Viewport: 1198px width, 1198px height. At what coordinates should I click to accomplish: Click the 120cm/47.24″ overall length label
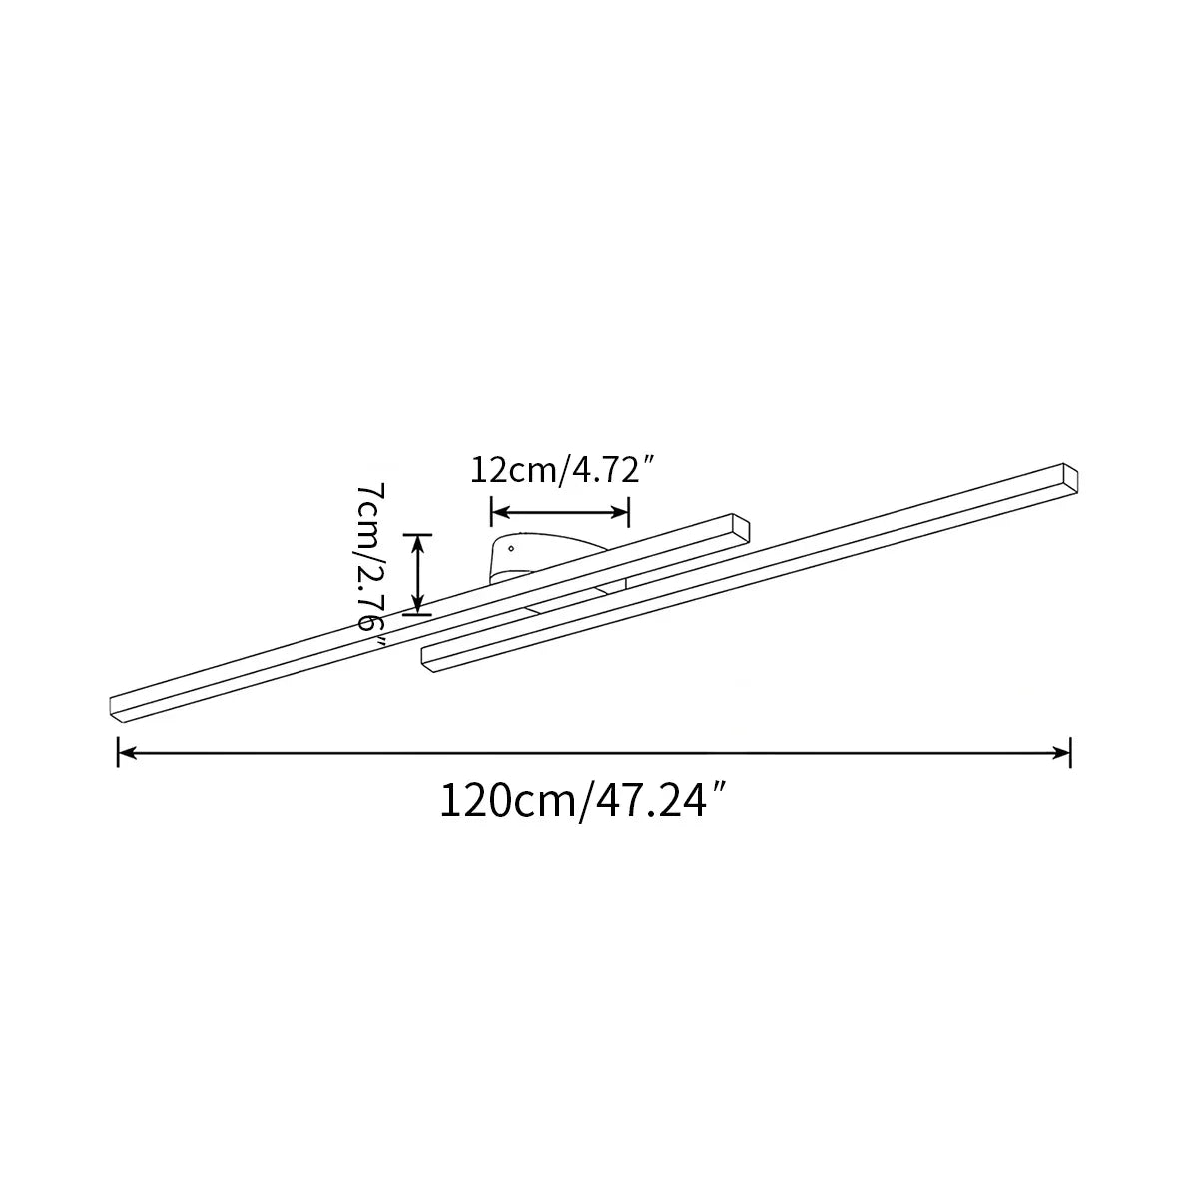pos(583,802)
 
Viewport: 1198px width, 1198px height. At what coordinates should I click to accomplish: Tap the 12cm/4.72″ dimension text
pos(563,470)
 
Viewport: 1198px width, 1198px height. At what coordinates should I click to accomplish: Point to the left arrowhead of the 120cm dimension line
pos(127,753)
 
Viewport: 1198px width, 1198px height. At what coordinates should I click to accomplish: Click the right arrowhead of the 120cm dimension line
pos(1061,753)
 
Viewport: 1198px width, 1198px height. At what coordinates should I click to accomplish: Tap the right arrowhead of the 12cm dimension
pos(620,512)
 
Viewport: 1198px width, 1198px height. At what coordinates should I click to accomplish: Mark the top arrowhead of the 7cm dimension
pos(417,544)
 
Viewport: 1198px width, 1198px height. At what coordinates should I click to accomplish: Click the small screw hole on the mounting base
pos(511,548)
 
